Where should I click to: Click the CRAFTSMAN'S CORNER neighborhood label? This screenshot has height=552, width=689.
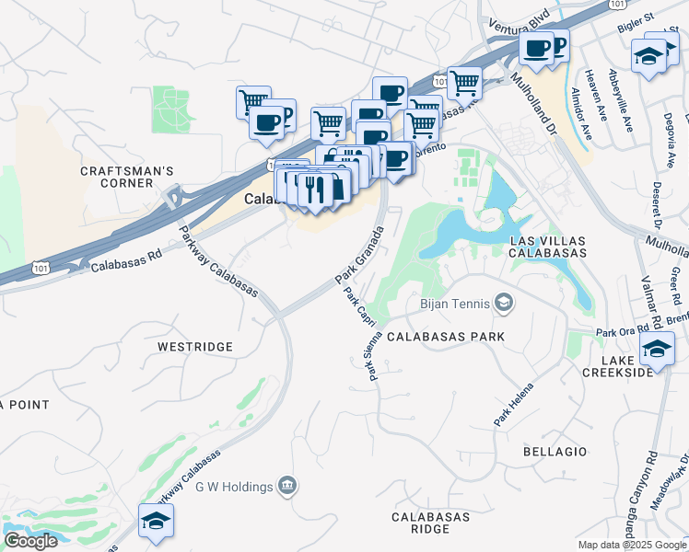127,177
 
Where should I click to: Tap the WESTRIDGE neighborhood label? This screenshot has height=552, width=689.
194,347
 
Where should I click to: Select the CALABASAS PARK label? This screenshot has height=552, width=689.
446,337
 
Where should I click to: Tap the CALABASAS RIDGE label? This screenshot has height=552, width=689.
432,523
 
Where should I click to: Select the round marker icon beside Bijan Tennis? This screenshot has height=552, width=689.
504,302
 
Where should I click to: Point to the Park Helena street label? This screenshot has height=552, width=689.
513,404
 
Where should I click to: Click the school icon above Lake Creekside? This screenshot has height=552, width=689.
657,351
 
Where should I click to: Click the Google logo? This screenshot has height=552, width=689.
30,541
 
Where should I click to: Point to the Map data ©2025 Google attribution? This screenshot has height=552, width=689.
632,545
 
